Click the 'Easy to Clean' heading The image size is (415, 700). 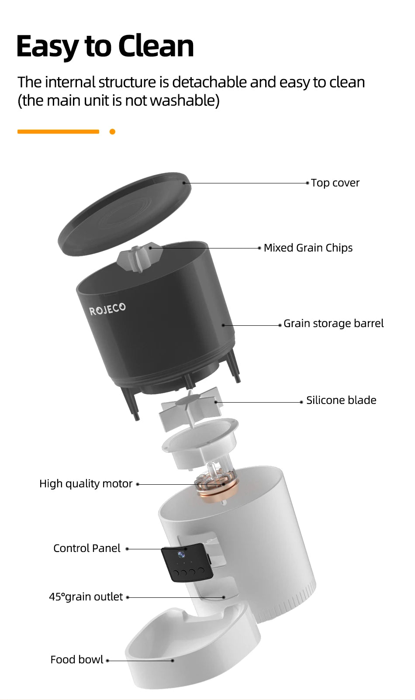pyautogui.click(x=105, y=46)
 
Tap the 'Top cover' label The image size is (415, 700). pyautogui.click(x=335, y=183)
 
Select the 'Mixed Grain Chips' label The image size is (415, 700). pyautogui.click(x=308, y=248)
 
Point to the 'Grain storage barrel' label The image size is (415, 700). pyautogui.click(x=333, y=324)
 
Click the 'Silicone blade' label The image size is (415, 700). pyautogui.click(x=341, y=400)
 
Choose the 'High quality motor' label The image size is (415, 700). pyautogui.click(x=86, y=484)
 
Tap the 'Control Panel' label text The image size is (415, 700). pyautogui.click(x=86, y=548)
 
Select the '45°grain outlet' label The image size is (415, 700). pyautogui.click(x=86, y=597)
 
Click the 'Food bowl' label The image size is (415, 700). pyautogui.click(x=76, y=660)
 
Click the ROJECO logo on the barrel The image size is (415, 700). pyautogui.click(x=107, y=309)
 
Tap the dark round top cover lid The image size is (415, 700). pyautogui.click(x=125, y=214)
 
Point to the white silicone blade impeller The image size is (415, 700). pyautogui.click(x=190, y=409)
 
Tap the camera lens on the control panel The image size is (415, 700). pyautogui.click(x=181, y=555)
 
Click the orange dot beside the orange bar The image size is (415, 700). pyautogui.click(x=112, y=131)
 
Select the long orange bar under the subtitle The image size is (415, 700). pyautogui.click(x=58, y=131)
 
